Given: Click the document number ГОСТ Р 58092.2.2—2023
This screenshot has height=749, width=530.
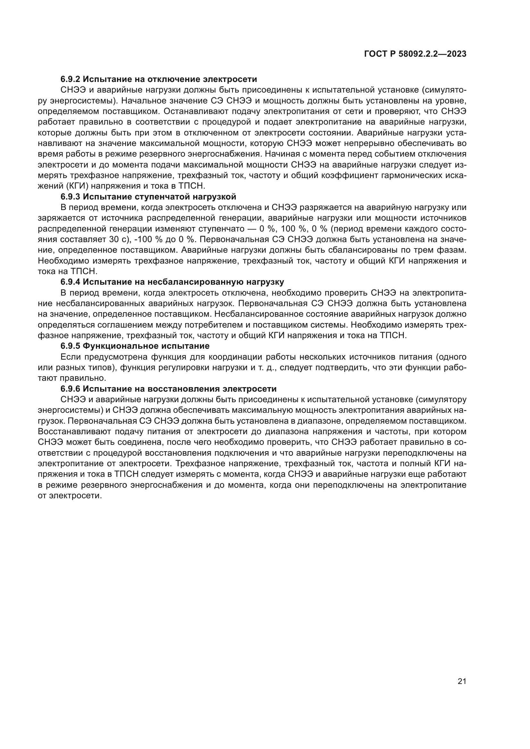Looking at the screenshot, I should (x=415, y=54).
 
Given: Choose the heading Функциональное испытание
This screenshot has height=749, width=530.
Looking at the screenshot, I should (x=146, y=346).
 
